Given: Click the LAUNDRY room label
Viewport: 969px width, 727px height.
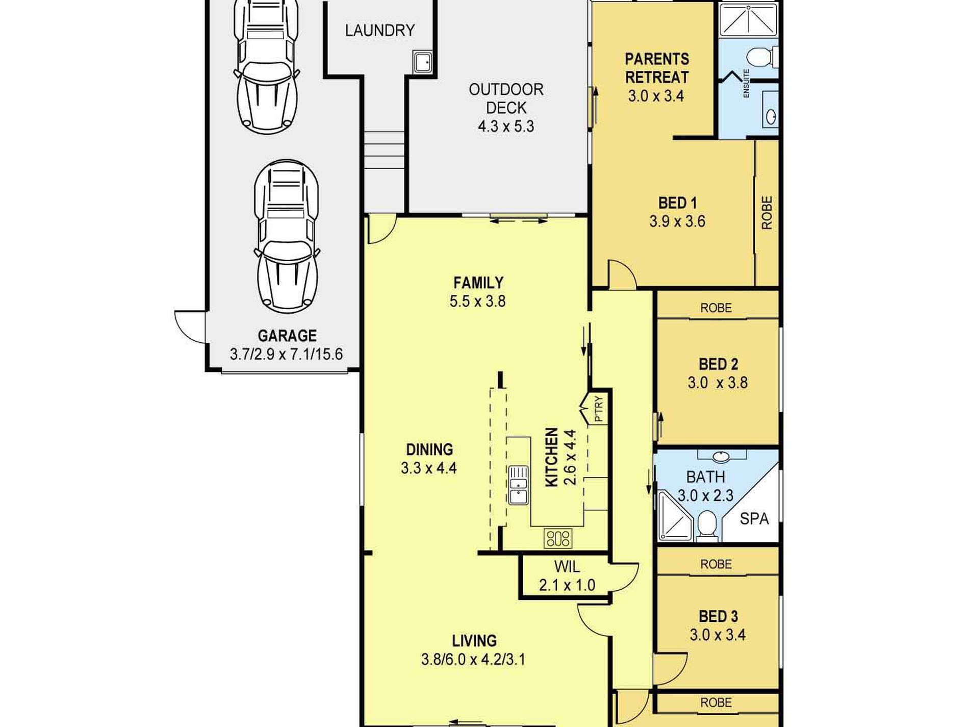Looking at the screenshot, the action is coord(380,31).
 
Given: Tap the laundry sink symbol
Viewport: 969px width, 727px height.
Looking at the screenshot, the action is coord(423,62).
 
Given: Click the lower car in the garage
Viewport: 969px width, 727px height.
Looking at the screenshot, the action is coord(287,236).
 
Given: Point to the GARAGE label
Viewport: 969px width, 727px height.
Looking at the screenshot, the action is coord(287,336).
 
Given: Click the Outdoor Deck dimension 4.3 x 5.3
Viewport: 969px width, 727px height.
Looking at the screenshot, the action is coord(506,126).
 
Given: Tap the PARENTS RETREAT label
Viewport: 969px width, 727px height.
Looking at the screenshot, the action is coord(657,68).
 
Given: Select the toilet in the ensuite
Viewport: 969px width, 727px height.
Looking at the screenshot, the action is coord(763,57).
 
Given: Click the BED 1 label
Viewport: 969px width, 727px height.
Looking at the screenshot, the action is coord(678,203).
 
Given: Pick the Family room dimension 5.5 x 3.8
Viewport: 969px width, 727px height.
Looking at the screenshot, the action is coord(477,301).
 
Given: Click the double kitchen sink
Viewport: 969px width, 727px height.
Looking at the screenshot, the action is coord(518,485).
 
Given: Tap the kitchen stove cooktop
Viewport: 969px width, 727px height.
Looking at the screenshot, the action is coord(558,538).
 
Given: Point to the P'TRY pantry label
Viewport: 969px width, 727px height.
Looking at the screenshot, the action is coord(599,409).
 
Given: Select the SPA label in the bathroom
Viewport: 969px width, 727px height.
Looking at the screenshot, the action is coord(754,519).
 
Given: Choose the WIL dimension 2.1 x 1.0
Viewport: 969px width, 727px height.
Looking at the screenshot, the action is coord(567,585).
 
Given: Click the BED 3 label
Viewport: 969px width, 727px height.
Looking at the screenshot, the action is coord(718,616).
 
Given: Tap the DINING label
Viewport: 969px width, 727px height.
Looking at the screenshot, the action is coord(429,449).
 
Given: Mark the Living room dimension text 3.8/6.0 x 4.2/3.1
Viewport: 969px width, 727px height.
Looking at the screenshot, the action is coord(473,660).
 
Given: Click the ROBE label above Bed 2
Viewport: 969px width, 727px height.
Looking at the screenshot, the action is coord(716,308).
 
